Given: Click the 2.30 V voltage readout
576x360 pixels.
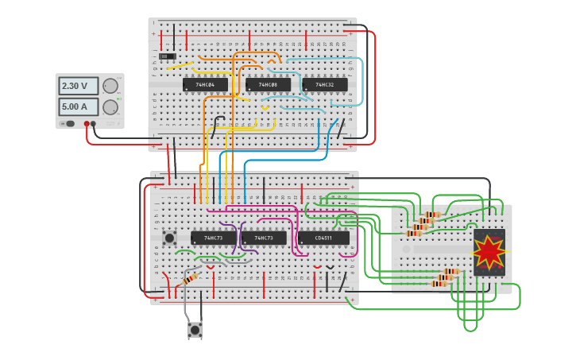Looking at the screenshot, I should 78,86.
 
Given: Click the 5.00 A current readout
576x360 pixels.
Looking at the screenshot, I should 78,106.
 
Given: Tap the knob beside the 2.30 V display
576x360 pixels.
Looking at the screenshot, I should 110,86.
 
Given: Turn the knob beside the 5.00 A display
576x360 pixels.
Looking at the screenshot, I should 110,106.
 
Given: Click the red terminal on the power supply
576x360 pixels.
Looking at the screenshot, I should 87,124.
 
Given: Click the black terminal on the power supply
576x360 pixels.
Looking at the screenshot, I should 94,124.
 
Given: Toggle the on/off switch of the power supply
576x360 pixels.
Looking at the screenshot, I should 70,123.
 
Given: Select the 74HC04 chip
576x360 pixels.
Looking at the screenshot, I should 205,84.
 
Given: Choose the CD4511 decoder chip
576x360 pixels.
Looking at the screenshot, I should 323,238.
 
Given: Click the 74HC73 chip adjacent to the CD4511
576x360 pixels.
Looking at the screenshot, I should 264,238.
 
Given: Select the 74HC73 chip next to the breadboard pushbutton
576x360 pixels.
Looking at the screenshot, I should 213,238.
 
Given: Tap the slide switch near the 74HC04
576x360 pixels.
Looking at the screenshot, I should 167,56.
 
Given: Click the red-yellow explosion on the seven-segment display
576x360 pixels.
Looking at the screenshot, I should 489,252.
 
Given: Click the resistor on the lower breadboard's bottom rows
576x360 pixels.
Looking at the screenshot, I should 191,279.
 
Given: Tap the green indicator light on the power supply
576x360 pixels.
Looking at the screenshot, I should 61,123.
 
